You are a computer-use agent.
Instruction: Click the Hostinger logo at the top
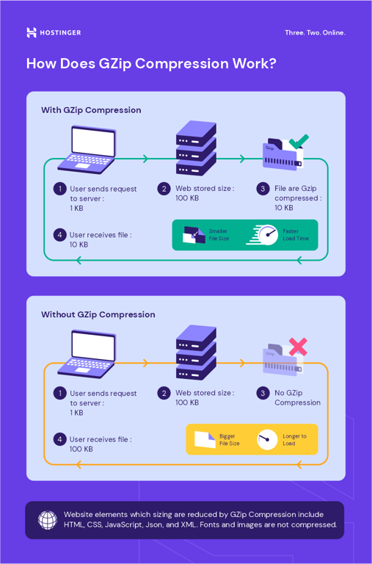pos(54,32)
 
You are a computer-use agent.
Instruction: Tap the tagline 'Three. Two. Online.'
pos(314,32)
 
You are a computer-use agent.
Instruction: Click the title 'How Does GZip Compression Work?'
pos(151,63)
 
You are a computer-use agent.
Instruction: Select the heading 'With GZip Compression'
pos(91,110)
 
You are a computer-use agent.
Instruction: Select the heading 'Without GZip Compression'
pos(98,314)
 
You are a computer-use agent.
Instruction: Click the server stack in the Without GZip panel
pos(196,352)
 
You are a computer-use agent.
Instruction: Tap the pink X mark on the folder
pos(297,347)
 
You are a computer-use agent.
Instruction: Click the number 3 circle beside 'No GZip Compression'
pos(263,393)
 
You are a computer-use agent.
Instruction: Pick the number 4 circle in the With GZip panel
pos(59,235)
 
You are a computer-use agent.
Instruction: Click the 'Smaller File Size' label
pos(219,235)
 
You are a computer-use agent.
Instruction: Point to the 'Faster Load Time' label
pos(296,235)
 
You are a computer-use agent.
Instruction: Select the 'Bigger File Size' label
pos(229,439)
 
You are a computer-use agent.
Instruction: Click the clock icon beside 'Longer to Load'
pos(267,439)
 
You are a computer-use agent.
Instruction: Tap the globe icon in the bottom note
pos(48,520)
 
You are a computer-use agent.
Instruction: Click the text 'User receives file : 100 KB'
pos(101,444)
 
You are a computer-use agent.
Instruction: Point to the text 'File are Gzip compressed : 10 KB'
pos(297,198)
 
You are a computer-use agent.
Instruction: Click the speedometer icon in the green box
pos(266,235)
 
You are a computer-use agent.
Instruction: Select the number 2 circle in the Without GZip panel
pos(164,393)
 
